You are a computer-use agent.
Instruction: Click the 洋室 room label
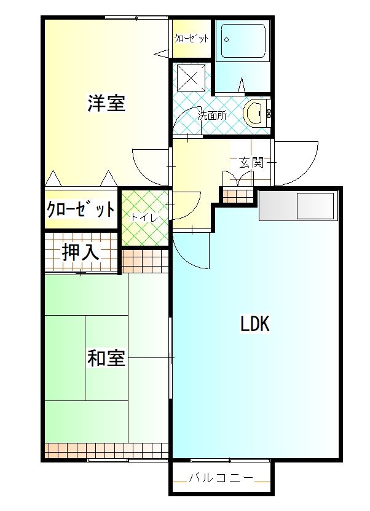point(106,103)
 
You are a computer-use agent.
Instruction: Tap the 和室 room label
point(106,357)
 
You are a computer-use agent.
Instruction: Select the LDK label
point(254,324)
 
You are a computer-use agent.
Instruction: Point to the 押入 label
point(81,252)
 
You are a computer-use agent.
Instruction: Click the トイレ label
point(144,217)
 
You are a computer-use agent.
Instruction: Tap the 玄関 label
point(251,163)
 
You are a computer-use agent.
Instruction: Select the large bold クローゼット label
point(81,210)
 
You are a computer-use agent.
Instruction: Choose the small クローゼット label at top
point(191,39)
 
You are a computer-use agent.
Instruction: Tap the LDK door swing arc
point(191,249)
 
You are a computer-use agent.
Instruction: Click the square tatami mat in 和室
point(106,357)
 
